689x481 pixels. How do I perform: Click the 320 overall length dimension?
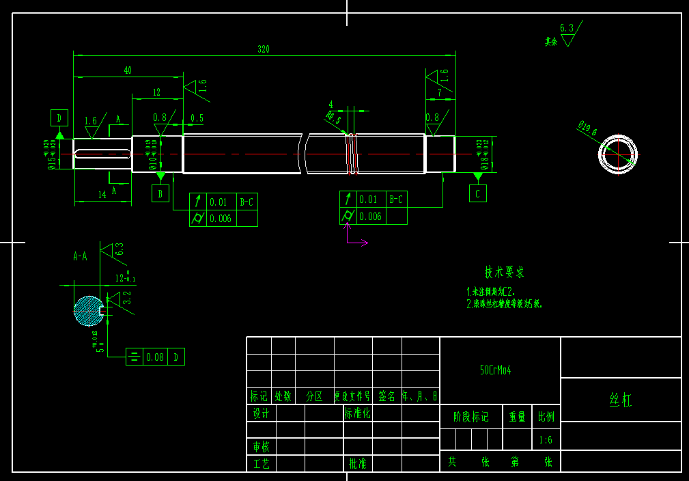point(263,49)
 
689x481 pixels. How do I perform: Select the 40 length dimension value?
point(128,70)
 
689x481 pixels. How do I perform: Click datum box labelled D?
point(59,118)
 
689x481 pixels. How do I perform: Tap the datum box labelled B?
point(160,194)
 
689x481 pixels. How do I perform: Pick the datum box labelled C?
point(478,194)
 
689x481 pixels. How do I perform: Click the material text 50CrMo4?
point(496,370)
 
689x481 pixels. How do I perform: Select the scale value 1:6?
point(546,440)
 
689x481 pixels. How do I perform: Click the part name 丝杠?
point(620,400)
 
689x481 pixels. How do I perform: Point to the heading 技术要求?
point(505,272)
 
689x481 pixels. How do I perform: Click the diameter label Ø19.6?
point(587,128)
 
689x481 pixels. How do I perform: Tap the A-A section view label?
point(80,257)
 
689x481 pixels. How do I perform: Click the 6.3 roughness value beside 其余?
point(567,28)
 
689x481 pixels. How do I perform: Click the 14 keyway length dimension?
point(102,195)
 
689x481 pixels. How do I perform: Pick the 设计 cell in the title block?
point(261,413)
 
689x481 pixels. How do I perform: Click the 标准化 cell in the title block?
point(357,413)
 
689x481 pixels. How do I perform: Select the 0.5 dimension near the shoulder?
point(197,118)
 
